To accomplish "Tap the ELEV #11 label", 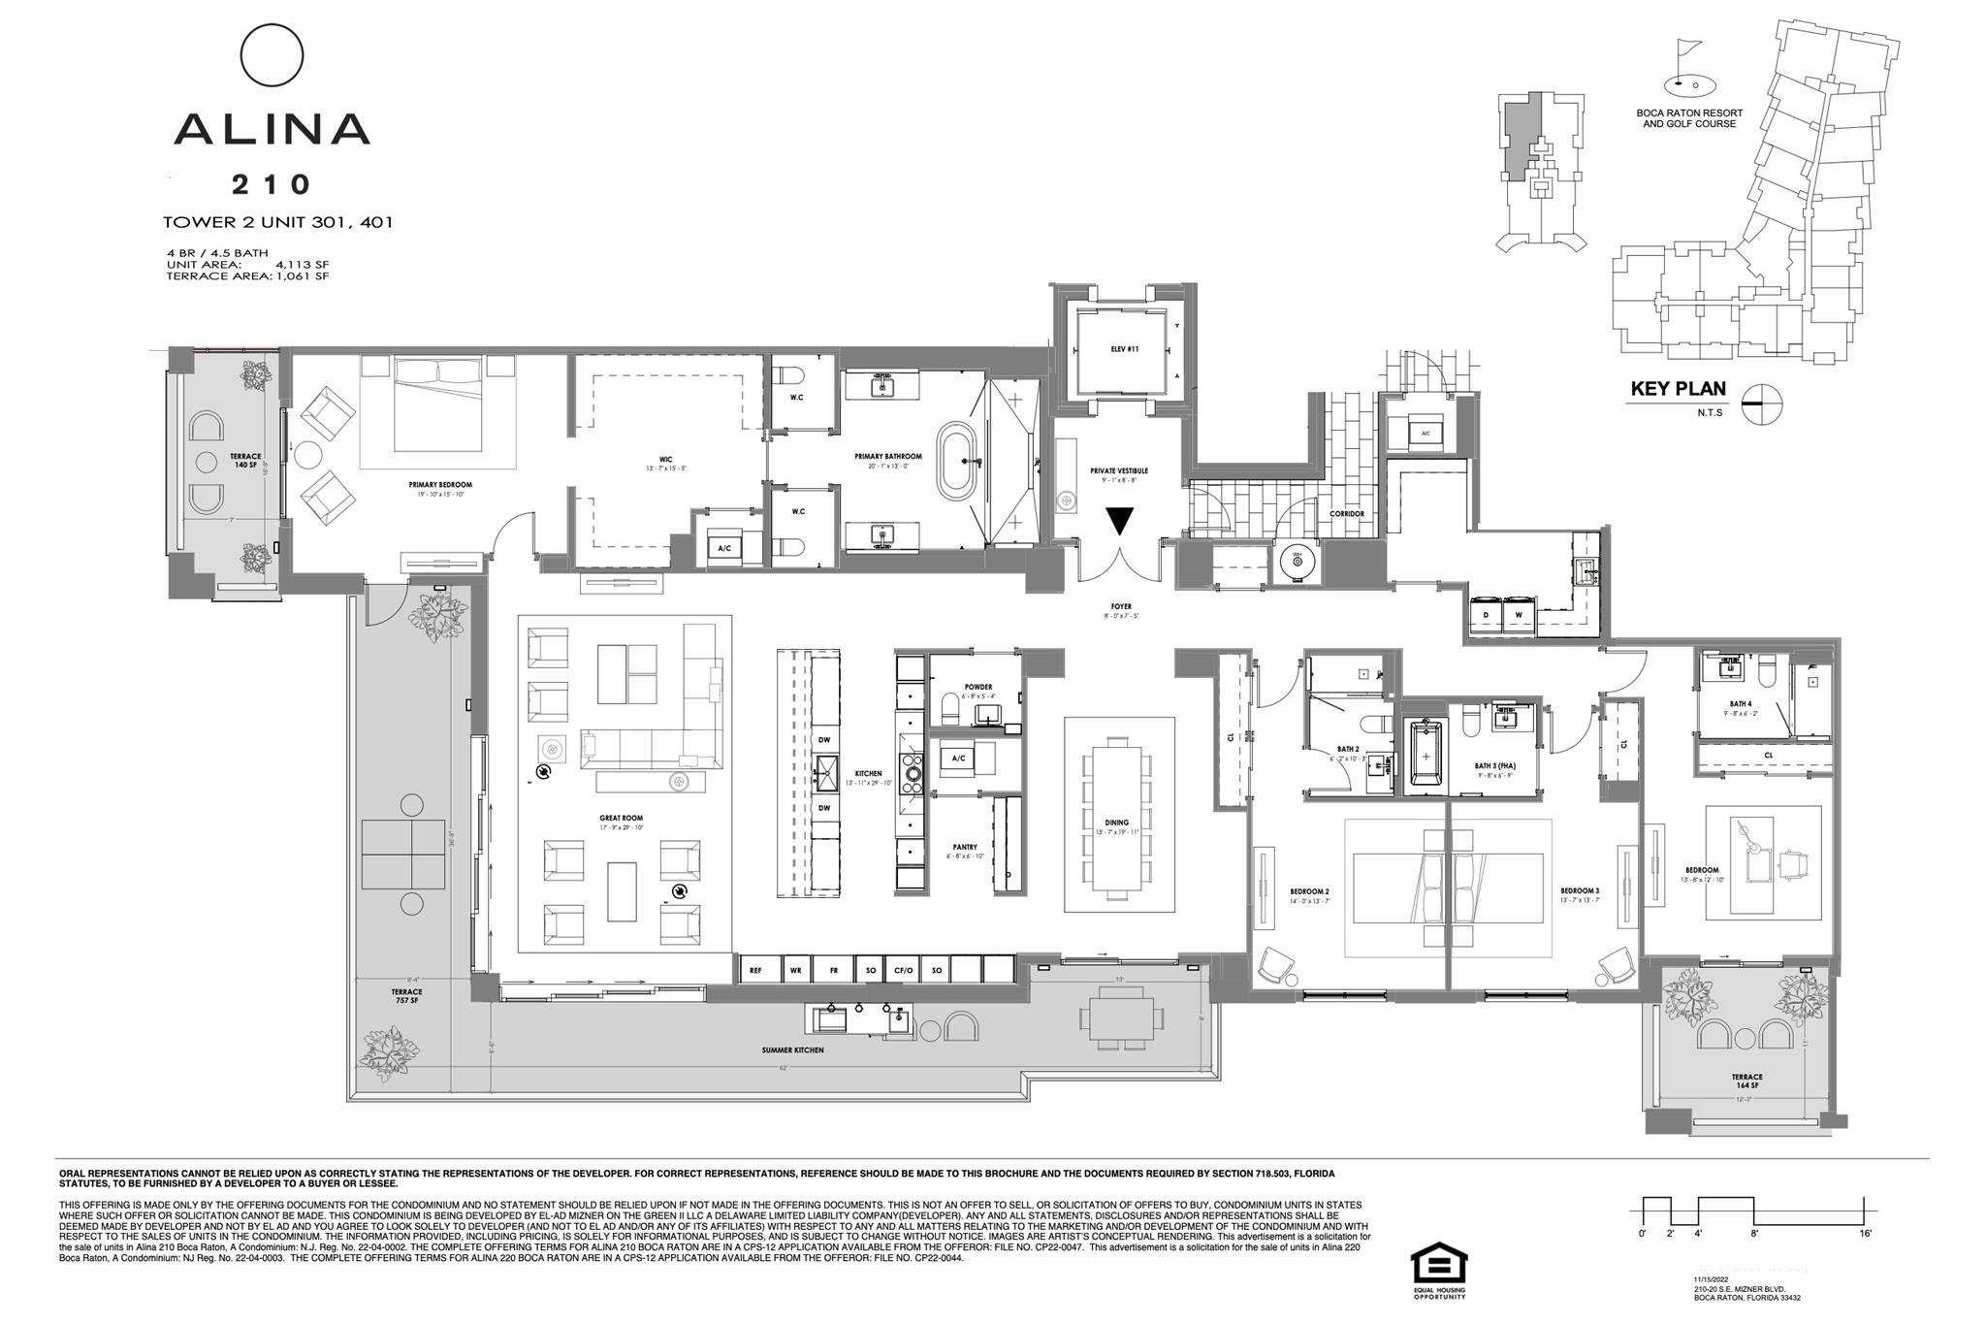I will click(x=1124, y=349).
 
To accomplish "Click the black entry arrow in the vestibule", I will click(x=1120, y=521).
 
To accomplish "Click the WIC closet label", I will click(x=665, y=460).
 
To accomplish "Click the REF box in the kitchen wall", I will click(x=756, y=970).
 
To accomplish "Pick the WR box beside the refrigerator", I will click(x=795, y=970).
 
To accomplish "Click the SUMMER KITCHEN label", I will click(x=792, y=1050).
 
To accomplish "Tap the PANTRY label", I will click(x=964, y=847).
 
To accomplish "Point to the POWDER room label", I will click(x=978, y=687).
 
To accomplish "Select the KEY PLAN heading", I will click(x=1678, y=389).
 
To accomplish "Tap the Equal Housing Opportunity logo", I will click(x=1439, y=1266).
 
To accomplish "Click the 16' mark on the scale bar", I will click(x=1865, y=1233).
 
